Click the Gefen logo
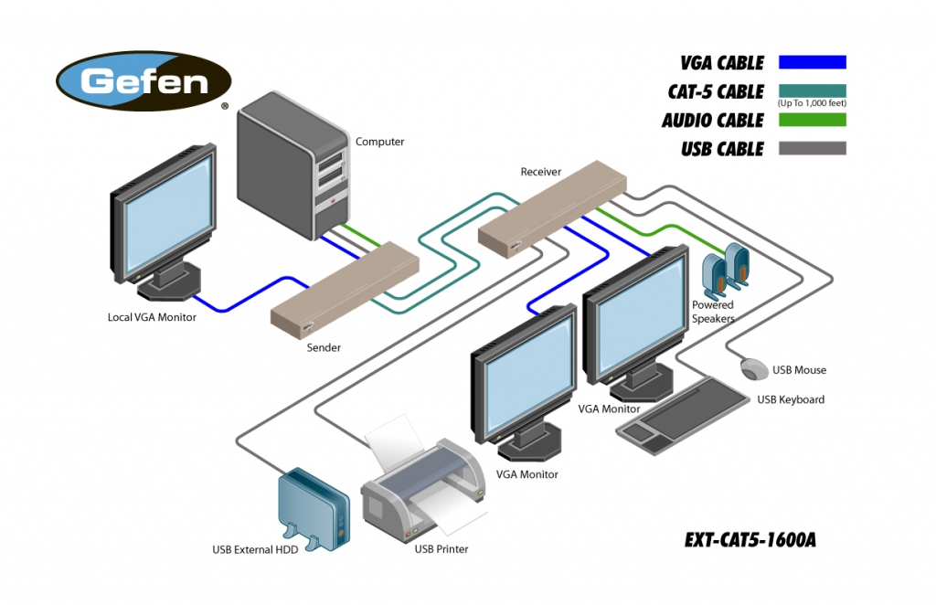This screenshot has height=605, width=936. [144, 81]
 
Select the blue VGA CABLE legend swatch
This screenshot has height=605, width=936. [812, 62]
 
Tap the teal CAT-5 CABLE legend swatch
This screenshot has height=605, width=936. [812, 90]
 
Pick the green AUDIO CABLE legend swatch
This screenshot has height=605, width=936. [812, 120]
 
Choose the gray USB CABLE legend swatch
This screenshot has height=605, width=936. [812, 148]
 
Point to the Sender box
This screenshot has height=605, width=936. [345, 284]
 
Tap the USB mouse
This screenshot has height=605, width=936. [754, 369]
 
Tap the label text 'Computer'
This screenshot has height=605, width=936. [379, 142]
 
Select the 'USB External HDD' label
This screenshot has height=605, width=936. [255, 550]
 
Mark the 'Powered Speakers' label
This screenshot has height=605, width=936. [713, 312]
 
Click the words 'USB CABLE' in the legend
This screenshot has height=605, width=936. [721, 149]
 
